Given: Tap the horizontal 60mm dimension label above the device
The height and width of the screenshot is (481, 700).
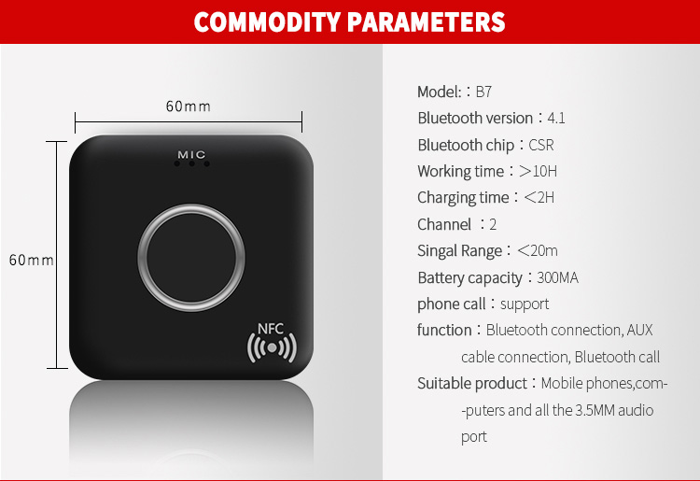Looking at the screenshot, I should [189, 106].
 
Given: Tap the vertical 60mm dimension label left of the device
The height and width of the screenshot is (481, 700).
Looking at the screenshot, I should [32, 260].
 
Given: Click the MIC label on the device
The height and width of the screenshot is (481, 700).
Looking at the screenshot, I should [191, 153].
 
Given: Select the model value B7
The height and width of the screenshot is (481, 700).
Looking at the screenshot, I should [483, 92].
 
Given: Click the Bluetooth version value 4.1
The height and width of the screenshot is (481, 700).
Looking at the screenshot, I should [556, 118].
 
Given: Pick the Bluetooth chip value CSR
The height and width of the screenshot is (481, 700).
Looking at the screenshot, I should [541, 145].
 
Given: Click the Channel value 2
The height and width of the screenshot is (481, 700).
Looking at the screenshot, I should [493, 225].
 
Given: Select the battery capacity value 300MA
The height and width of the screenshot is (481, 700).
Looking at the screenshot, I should [558, 278].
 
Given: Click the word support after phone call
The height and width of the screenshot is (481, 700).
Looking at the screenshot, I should [525, 304].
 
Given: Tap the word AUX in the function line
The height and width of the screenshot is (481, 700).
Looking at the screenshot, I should [640, 330].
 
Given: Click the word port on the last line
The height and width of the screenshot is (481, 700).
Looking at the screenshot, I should [474, 436].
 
